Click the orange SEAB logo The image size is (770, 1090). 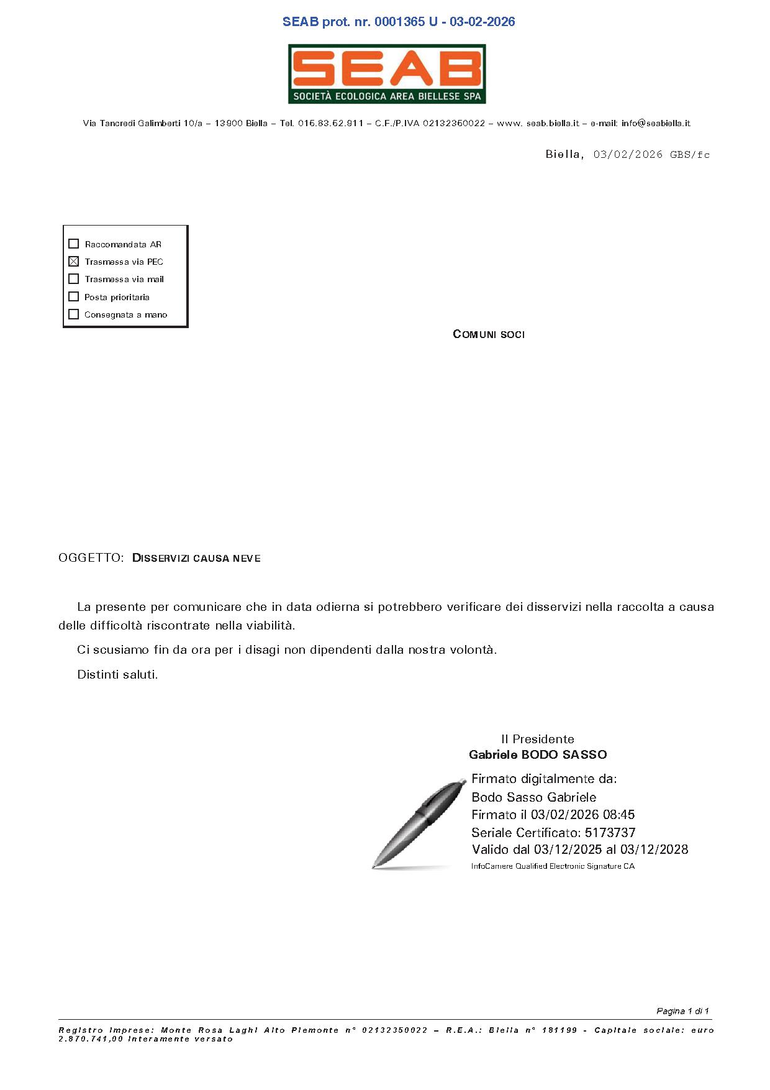[x=386, y=73]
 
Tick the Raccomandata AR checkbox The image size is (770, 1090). [x=74, y=244]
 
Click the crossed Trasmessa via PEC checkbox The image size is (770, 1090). [x=74, y=261]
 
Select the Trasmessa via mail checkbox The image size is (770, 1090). [x=74, y=279]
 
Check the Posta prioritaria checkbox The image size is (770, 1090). [x=74, y=296]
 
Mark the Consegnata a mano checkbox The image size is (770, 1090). [x=74, y=314]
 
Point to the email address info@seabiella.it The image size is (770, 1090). [x=656, y=123]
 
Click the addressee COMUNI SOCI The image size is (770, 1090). [x=489, y=334]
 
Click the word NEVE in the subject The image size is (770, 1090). [x=247, y=559]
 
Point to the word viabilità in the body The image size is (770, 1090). [x=270, y=625]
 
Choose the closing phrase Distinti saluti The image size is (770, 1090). [x=117, y=674]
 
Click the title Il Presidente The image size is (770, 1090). [x=538, y=739]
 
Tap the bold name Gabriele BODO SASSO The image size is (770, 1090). [x=538, y=754]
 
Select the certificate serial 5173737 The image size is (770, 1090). [x=610, y=832]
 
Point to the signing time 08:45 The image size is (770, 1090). [x=618, y=814]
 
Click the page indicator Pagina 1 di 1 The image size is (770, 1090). [x=682, y=1011]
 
